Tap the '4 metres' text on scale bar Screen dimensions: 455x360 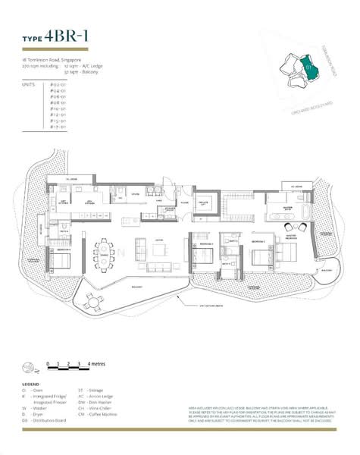click(97, 365)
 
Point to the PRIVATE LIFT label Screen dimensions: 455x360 click(205, 204)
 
